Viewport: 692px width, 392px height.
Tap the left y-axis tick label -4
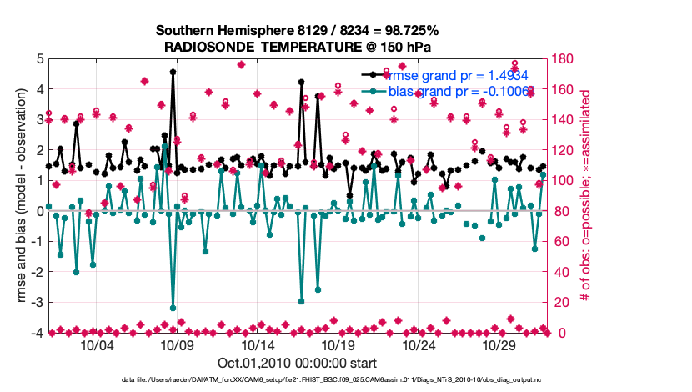37,333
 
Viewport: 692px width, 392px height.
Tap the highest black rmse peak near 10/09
173,73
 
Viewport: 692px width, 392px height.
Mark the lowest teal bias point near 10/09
173,308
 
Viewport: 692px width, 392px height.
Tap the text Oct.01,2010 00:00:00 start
297,363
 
